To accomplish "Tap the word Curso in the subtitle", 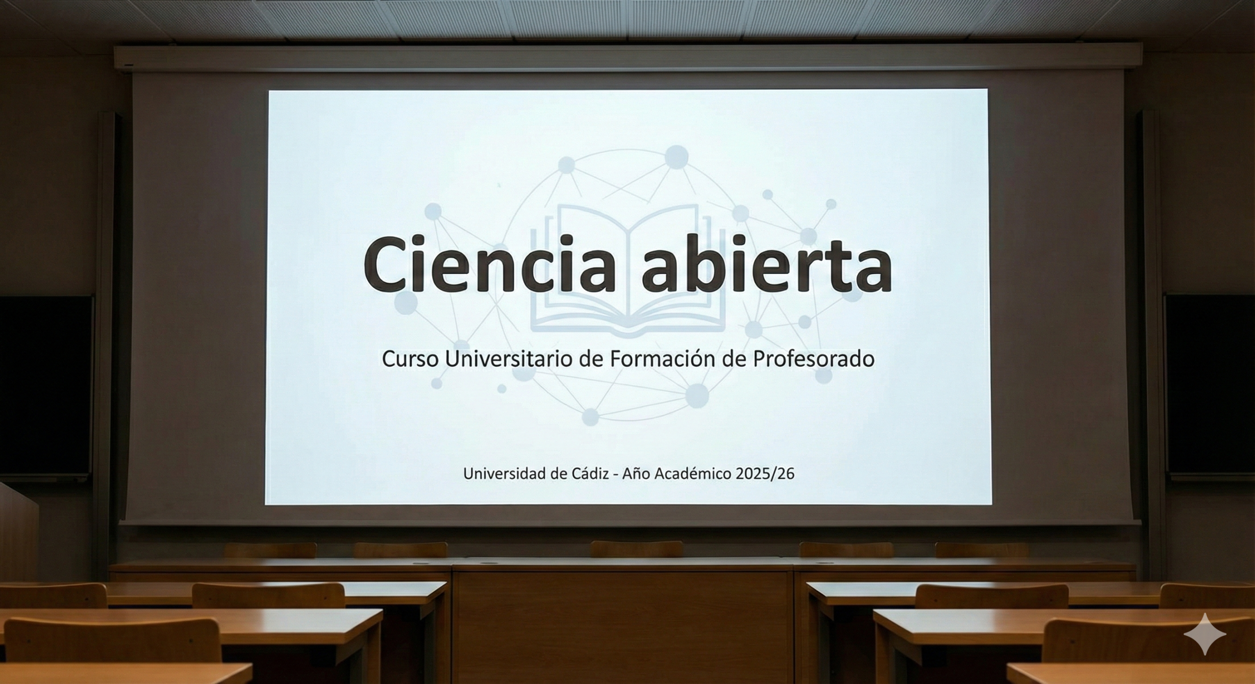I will pyautogui.click(x=410, y=359).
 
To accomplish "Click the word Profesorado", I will pyautogui.click(x=813, y=359).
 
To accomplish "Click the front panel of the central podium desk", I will pyautogui.click(x=623, y=627).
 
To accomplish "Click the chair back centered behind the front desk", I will pyautogui.click(x=637, y=549).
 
